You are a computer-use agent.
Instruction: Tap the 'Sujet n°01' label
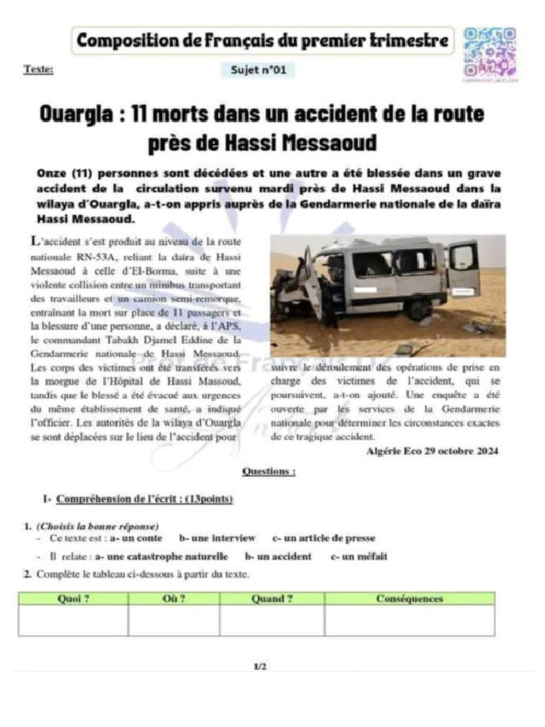[258, 70]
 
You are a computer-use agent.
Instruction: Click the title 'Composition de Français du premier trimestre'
[263, 41]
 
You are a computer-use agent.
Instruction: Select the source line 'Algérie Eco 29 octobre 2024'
[433, 451]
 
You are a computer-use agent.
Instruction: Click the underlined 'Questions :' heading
[269, 471]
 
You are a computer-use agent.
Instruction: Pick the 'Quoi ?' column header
[73, 598]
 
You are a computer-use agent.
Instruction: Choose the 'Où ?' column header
[174, 598]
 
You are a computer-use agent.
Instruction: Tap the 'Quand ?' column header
[272, 598]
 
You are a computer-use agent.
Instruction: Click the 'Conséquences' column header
[409, 598]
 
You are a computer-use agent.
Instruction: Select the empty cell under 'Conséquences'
[409, 621]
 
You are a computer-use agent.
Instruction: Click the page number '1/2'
[260, 667]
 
